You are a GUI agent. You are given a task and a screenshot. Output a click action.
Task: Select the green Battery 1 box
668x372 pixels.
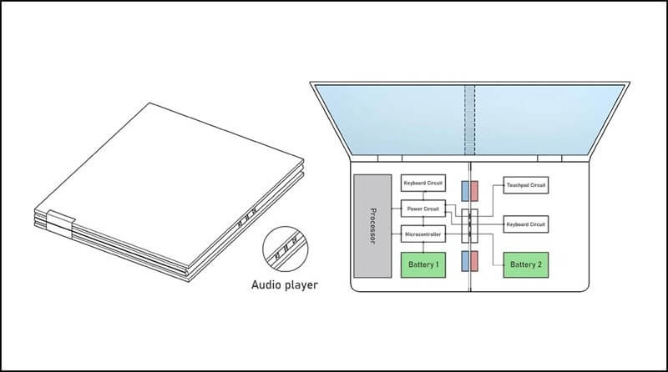pos(424,264)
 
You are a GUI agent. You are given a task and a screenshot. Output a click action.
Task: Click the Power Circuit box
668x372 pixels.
pos(423,209)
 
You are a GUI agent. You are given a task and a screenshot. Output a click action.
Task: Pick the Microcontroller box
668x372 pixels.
pos(423,235)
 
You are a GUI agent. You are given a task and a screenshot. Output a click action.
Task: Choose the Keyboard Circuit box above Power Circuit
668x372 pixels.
pos(423,183)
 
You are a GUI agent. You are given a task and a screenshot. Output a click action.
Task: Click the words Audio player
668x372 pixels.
pos(284,285)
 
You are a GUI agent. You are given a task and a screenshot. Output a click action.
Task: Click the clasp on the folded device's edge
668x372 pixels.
pos(61,222)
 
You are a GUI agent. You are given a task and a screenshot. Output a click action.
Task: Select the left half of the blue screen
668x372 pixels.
pos(392,119)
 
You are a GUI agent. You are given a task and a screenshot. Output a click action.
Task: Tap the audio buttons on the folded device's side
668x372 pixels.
pos(243,222)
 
